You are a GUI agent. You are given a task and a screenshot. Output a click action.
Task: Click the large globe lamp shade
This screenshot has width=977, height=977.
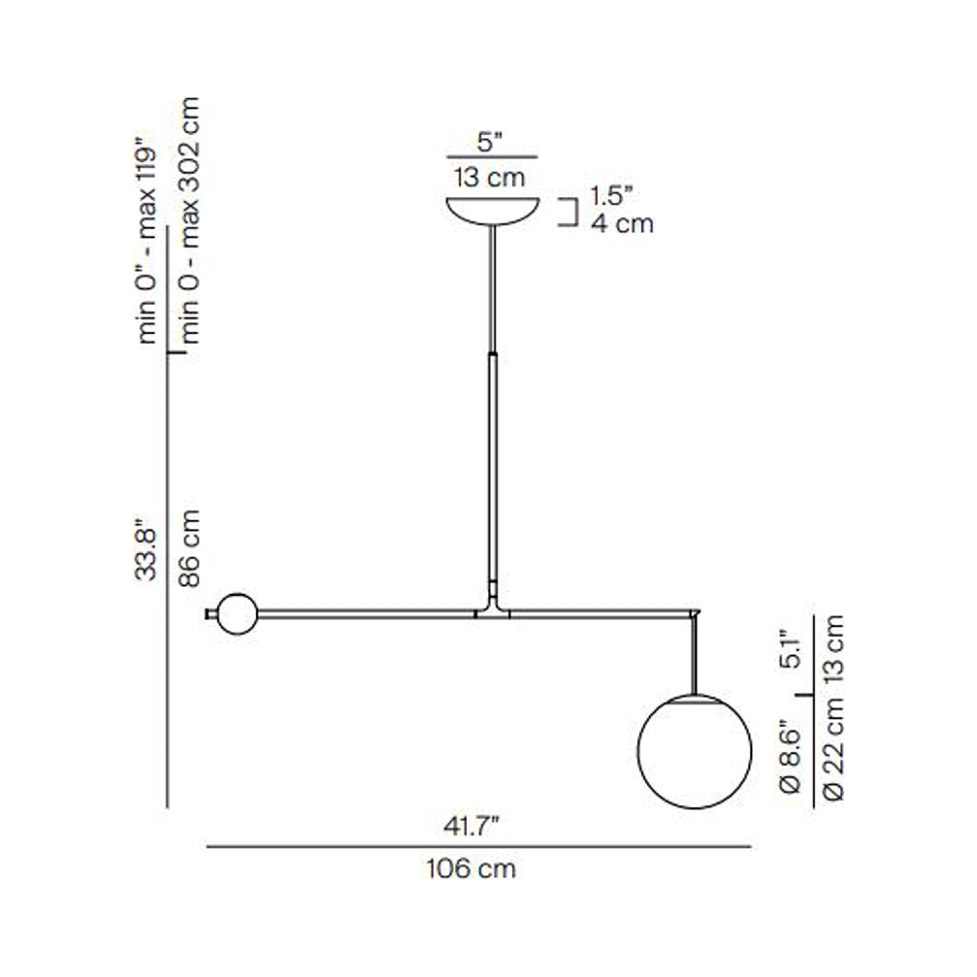point(694,752)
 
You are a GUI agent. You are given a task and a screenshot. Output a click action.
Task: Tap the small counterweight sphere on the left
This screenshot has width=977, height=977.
point(237,614)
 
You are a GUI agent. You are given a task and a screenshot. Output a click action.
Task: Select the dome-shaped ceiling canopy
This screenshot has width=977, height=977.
point(492,210)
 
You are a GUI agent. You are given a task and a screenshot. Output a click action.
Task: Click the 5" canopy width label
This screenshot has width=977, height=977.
point(490,142)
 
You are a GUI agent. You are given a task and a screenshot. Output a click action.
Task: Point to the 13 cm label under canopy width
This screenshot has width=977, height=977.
point(490,177)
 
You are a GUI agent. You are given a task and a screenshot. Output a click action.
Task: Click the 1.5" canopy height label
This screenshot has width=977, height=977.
point(612,195)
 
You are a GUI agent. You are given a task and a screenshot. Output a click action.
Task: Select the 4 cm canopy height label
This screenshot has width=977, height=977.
point(622,223)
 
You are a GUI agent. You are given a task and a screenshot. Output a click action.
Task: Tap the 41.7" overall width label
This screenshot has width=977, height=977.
point(471,827)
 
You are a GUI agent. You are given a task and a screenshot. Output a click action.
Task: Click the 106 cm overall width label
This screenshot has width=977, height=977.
point(471,868)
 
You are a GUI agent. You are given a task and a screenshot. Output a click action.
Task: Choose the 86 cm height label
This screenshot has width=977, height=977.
point(190,549)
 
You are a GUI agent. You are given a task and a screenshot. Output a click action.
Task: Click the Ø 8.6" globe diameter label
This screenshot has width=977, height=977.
point(790,756)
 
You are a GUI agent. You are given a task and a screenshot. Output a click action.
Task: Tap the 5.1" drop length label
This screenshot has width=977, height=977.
point(790,648)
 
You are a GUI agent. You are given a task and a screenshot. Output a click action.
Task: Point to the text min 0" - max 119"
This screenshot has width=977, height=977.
point(147,241)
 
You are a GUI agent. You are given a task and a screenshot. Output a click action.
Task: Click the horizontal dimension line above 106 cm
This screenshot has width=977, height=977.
point(479,847)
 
